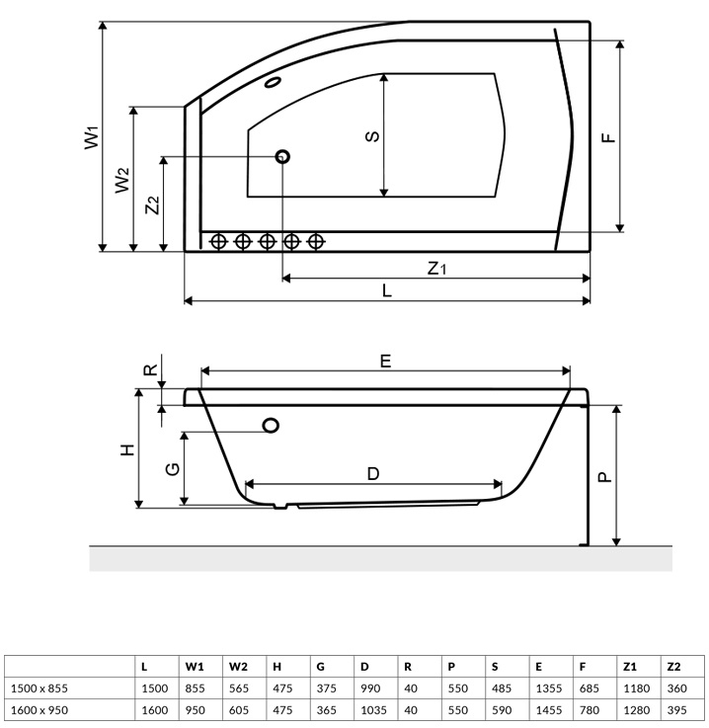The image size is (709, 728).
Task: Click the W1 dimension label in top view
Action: [x=91, y=136]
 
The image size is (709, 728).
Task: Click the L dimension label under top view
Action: [x=387, y=290]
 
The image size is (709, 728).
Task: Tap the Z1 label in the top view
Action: [x=437, y=268]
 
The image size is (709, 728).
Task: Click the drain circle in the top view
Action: [x=283, y=156]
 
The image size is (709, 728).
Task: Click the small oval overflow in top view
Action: [x=274, y=83]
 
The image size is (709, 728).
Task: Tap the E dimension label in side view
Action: [x=386, y=362]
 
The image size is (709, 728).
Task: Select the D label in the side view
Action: [x=373, y=473]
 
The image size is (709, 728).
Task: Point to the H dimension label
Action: [x=126, y=449]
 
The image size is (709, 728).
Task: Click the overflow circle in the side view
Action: [x=271, y=425]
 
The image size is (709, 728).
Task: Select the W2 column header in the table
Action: [x=239, y=667]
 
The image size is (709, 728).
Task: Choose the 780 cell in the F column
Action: [x=588, y=709]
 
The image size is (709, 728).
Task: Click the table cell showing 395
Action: [x=677, y=709]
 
